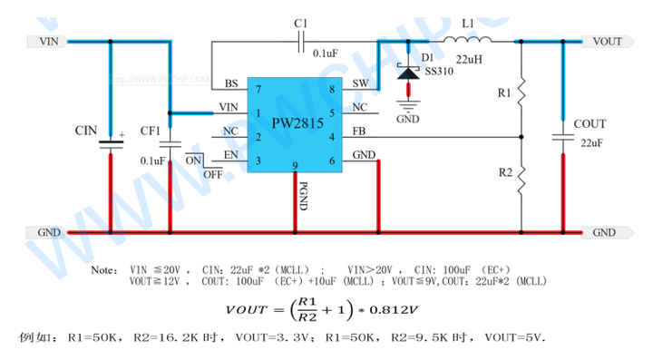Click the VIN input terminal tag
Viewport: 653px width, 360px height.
click(x=49, y=42)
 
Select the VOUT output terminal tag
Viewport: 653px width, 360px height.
click(x=605, y=42)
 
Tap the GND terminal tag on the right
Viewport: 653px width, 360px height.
click(x=605, y=232)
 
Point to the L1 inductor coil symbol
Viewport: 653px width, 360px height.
click(x=470, y=40)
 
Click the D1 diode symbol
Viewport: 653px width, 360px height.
click(x=410, y=72)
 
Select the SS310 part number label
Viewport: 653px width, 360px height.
click(x=439, y=72)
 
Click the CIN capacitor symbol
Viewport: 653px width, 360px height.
click(x=111, y=144)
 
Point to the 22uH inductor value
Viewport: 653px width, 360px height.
click(x=470, y=60)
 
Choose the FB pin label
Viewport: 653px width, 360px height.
click(x=359, y=133)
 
